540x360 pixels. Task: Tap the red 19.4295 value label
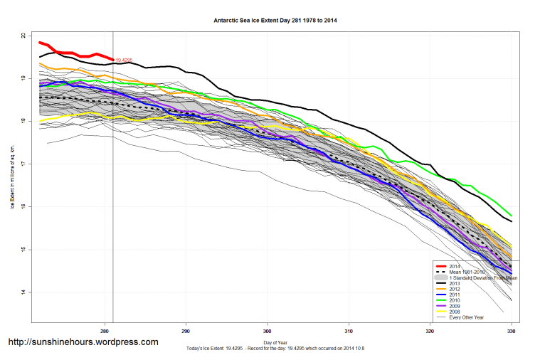[x=125, y=60]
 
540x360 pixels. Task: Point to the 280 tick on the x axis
[x=105, y=330]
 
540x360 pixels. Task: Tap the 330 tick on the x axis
[x=512, y=330]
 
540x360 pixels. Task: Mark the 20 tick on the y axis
[x=23, y=35]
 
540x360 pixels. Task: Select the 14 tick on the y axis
[x=23, y=292]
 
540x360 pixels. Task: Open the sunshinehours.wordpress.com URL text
[x=83, y=342]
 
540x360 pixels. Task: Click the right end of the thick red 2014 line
[x=112, y=60]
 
